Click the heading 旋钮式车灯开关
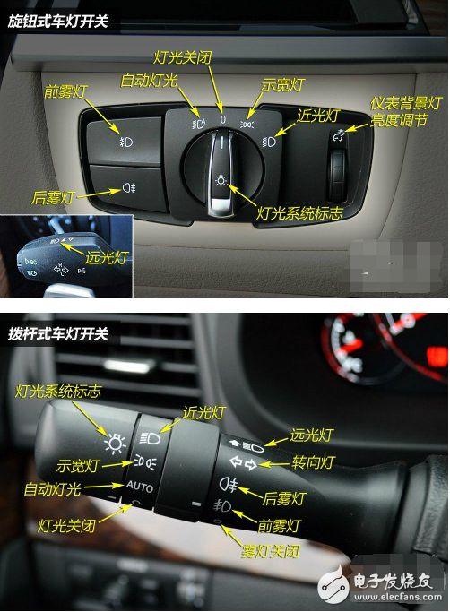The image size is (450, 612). [57, 22]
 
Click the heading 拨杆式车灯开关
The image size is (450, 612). [57, 334]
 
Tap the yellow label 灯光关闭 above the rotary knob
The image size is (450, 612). [183, 57]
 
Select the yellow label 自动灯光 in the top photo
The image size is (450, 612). [149, 81]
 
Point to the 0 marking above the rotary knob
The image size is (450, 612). [223, 119]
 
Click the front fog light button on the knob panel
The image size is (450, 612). [125, 140]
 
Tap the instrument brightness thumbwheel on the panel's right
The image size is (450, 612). [337, 173]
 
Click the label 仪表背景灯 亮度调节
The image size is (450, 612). [405, 112]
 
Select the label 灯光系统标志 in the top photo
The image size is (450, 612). [299, 213]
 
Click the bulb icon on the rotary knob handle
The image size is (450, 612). [221, 180]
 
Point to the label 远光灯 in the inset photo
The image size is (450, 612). [107, 257]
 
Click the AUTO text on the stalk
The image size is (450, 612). [140, 487]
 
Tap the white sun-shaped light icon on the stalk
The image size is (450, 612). [115, 444]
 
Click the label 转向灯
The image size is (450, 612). [313, 462]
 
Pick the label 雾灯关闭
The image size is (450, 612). [271, 551]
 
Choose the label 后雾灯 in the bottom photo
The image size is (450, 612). [283, 498]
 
